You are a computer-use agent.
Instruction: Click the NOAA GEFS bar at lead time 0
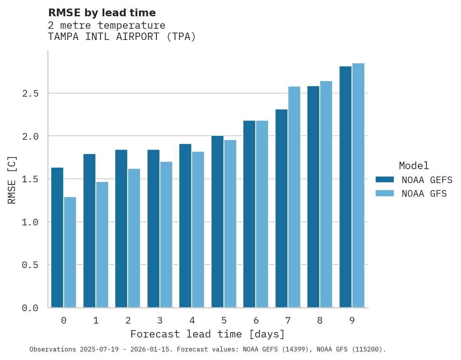click(57, 237)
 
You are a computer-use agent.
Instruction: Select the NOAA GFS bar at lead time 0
click(70, 252)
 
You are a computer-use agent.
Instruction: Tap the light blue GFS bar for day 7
click(294, 197)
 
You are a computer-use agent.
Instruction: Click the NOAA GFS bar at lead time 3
click(166, 235)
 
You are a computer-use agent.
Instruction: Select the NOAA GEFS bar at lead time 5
click(217, 222)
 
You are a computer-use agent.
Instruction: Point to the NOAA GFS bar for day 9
click(358, 185)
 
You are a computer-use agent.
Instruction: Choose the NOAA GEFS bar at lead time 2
click(121, 228)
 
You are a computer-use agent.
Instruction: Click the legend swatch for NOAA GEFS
click(385, 180)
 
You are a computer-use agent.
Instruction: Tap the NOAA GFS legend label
click(424, 194)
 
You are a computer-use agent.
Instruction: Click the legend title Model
click(414, 166)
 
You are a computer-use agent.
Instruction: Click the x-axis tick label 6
click(256, 320)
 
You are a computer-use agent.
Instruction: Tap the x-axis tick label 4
click(192, 320)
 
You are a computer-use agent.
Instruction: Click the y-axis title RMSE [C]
click(12, 180)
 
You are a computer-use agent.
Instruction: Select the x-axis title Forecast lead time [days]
click(208, 334)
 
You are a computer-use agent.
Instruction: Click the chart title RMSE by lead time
click(102, 13)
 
